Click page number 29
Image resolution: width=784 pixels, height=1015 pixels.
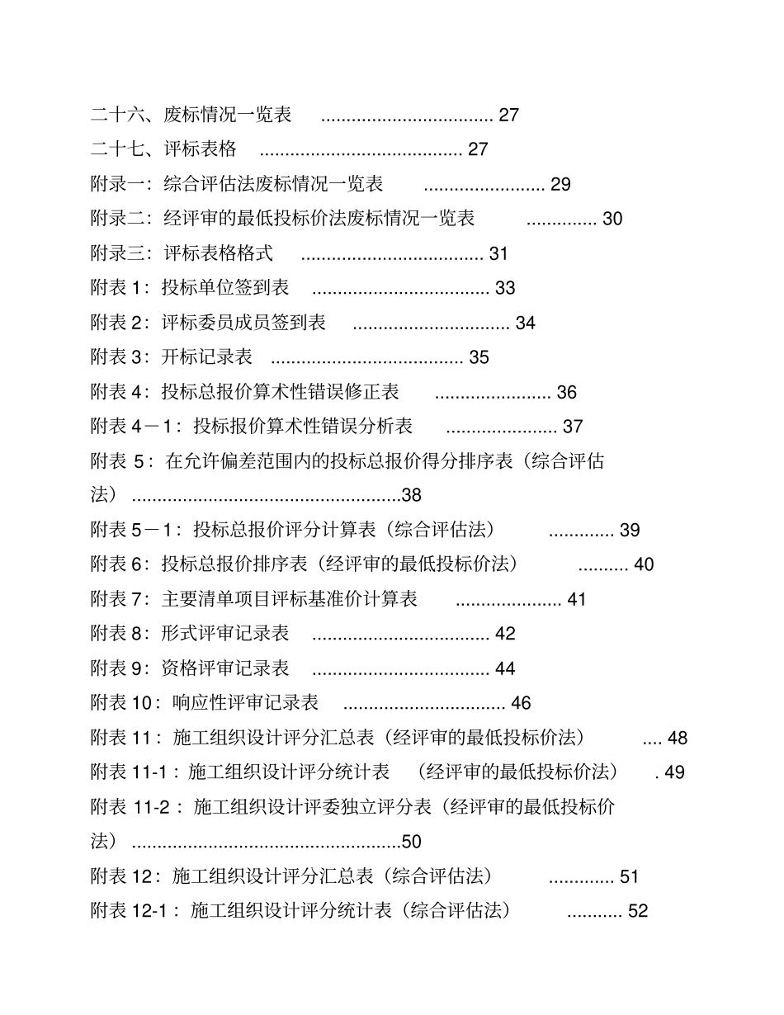pos(560,185)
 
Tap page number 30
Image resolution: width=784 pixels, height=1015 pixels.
pos(612,220)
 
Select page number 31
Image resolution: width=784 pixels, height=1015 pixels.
pos(498,254)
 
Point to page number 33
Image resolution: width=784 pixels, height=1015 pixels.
pos(505,289)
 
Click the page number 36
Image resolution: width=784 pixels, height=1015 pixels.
pos(567,393)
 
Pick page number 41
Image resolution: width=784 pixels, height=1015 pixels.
pos(577,600)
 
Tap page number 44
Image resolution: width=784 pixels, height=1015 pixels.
pos(505,669)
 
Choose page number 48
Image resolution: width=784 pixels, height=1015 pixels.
pos(678,739)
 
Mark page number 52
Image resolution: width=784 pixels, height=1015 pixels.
pos(638,912)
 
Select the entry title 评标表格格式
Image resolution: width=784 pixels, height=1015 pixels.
pos(219,253)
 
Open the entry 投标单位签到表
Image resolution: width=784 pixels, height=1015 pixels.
pos(225,288)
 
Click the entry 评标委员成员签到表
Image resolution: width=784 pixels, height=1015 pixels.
pos(243,323)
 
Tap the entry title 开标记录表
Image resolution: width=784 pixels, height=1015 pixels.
pos(207,357)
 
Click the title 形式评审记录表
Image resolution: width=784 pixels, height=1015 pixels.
pos(225,634)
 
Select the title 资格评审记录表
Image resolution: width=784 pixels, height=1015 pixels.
pos(225,668)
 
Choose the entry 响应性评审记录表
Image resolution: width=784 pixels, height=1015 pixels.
pos(246,703)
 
